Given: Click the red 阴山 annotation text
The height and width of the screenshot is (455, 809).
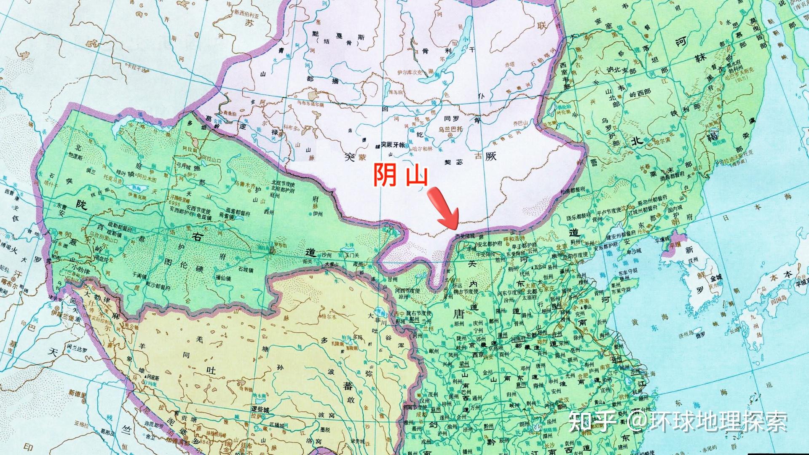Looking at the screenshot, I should click(401, 176).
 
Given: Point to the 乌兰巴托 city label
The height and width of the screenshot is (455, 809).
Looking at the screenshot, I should click(450, 130).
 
